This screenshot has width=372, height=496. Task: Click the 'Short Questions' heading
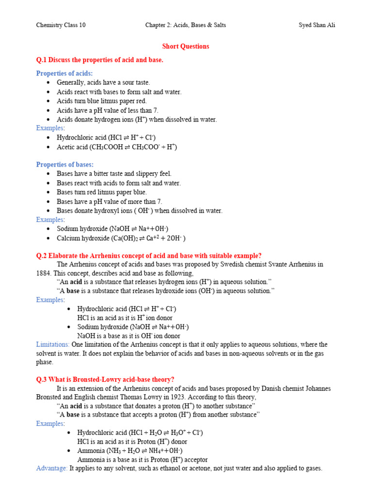point(186,46)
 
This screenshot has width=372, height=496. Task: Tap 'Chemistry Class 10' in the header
point(61,25)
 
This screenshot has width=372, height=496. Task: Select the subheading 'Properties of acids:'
point(64,73)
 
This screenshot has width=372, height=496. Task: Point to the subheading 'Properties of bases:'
point(65,165)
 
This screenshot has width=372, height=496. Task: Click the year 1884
point(44,273)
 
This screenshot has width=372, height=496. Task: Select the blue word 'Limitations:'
point(53,344)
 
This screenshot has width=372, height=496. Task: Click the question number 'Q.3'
point(43,379)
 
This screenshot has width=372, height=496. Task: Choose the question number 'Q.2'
point(43,255)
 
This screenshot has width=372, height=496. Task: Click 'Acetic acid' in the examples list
point(71,147)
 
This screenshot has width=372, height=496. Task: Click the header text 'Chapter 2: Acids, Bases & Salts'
point(186,25)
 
